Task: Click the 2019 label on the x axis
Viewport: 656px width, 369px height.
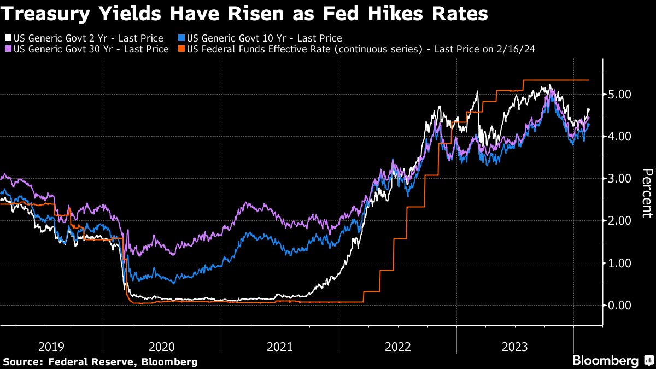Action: tap(52, 346)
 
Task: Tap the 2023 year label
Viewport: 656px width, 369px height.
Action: tap(514, 346)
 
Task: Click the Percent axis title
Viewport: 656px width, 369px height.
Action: tap(647, 194)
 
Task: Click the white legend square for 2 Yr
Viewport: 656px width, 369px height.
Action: tap(8, 39)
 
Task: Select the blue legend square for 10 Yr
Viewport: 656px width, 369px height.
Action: tap(181, 39)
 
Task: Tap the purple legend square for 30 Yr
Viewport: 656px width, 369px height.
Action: tap(8, 49)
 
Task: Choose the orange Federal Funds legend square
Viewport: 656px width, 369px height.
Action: tap(181, 49)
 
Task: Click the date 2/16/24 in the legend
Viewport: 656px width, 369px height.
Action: tap(515, 49)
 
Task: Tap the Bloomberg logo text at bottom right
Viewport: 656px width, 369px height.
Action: tap(605, 361)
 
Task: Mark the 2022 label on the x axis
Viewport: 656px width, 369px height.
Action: tap(397, 346)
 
